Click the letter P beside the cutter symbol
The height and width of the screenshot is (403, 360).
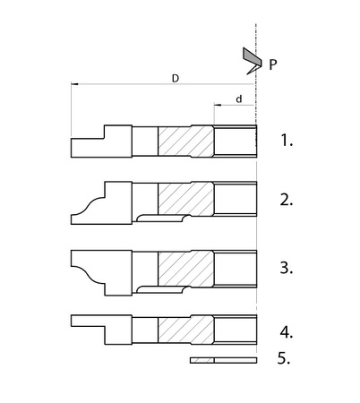272,64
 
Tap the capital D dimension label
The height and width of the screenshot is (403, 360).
176,79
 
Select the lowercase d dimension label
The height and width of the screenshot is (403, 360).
239,99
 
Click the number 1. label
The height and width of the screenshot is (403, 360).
287,140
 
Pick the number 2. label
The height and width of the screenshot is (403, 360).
287,200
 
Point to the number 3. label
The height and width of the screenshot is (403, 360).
287,268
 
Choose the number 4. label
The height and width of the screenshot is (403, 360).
287,332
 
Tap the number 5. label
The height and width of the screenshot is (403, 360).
284,358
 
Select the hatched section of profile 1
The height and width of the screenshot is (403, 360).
185,141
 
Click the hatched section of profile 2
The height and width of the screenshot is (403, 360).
185,198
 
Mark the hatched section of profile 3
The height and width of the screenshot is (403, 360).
185,269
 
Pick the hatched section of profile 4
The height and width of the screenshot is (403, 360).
185,330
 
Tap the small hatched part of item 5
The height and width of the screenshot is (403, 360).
202,360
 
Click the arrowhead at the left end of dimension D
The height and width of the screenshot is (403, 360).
74,84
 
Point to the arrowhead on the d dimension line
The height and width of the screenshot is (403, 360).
218,105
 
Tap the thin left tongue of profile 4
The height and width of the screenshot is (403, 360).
88,321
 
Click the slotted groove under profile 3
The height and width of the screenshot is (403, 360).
164,289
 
